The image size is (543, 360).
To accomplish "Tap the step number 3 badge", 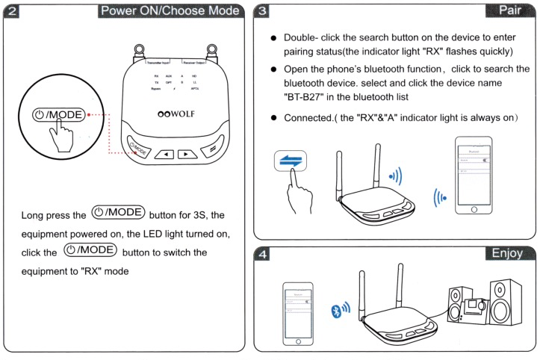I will click(x=264, y=11).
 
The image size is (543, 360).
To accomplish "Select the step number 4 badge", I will click(x=264, y=253).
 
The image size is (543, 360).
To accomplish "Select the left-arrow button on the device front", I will click(x=163, y=154).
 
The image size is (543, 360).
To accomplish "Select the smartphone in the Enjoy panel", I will click(x=299, y=313).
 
